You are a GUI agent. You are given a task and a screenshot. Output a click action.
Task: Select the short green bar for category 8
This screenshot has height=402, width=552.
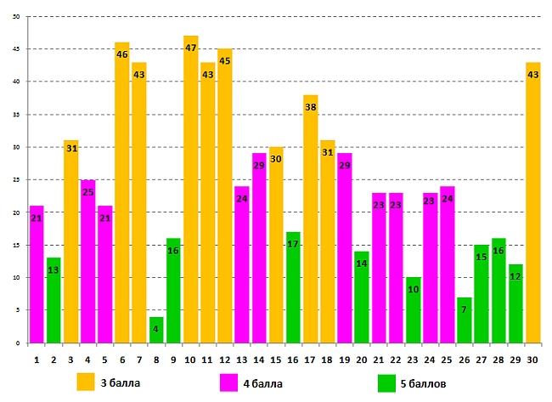pos(156,331)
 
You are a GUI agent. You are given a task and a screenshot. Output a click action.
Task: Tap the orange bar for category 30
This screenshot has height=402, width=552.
pos(533,204)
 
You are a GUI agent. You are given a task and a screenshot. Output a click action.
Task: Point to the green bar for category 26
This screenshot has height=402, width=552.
pos(465,320)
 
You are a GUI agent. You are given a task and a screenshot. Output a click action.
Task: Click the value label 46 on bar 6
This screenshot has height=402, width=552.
pos(122,54)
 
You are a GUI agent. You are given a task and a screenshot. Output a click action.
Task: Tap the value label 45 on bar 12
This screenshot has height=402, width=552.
pos(225,61)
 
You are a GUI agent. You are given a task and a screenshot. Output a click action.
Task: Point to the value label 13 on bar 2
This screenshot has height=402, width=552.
pos(54,270)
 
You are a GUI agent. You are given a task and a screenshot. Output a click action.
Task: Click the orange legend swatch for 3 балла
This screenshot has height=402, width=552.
pos(85,381)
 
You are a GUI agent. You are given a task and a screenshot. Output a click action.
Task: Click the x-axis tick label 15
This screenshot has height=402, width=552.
pos(276,359)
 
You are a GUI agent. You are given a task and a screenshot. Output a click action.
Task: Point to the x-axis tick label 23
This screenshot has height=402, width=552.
pos(414,359)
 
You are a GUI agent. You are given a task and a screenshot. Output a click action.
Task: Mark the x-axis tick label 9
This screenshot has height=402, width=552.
pos(173,359)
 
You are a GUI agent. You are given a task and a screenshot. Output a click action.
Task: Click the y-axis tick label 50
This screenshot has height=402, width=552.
pos(16,16)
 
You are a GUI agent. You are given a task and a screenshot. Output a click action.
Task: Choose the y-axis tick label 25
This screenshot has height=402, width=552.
pos(16,180)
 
